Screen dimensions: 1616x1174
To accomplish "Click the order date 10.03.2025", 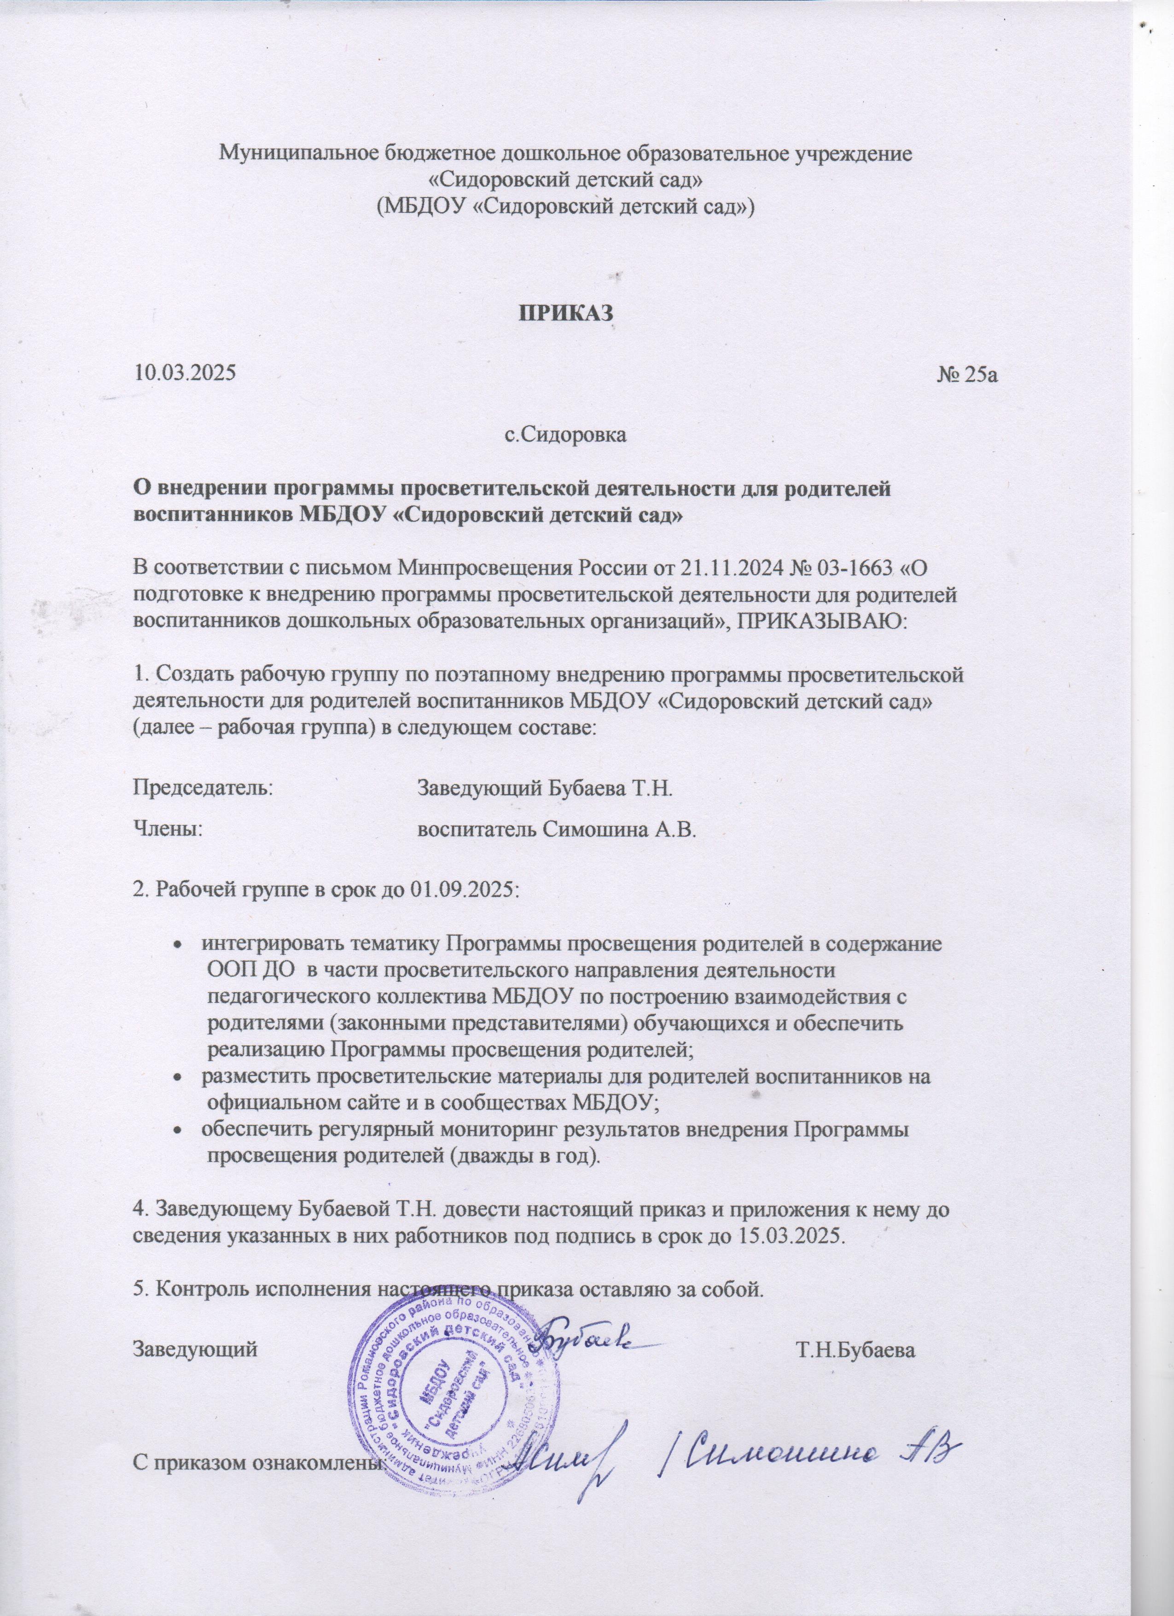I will click(x=185, y=372).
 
